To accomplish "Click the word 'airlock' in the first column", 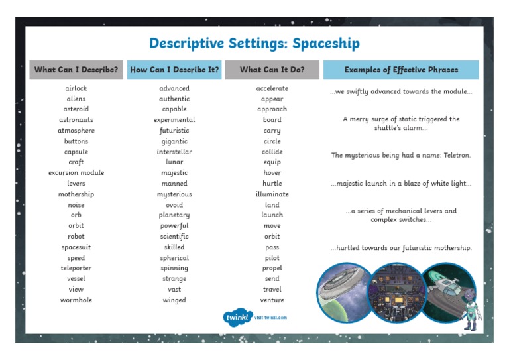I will (76, 88).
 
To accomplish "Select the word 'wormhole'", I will (76, 300).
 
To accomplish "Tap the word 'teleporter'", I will (76, 269).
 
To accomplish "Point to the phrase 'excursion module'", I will (76, 173).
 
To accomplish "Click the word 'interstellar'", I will (174, 152).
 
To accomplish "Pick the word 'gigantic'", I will (174, 141).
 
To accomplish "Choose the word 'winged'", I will (174, 300).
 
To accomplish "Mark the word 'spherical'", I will (174, 258).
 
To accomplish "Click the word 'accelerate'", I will (272, 88).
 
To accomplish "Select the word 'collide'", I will (272, 152).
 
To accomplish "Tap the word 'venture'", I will (272, 300).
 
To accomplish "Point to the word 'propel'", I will (272, 269).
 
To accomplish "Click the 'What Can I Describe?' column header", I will (76, 70).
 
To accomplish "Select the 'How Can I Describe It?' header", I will (174, 70).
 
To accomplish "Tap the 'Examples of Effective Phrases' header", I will (400, 70).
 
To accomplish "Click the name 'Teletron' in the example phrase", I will (455, 156).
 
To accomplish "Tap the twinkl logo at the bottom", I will (237, 317).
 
